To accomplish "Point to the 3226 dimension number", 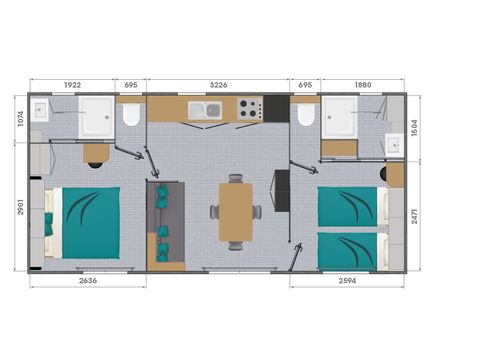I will (x=217, y=86).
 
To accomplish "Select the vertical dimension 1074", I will (x=21, y=120).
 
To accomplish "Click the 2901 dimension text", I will (x=21, y=208).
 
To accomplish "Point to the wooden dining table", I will (x=235, y=211).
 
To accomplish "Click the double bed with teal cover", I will (x=87, y=221).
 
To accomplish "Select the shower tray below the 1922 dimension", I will (x=97, y=116).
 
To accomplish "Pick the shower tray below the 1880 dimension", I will (x=340, y=117).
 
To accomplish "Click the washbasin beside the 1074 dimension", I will (x=41, y=111).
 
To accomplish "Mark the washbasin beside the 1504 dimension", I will (x=395, y=146).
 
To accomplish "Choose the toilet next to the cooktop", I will (x=306, y=115).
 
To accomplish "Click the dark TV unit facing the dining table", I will (x=281, y=191).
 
